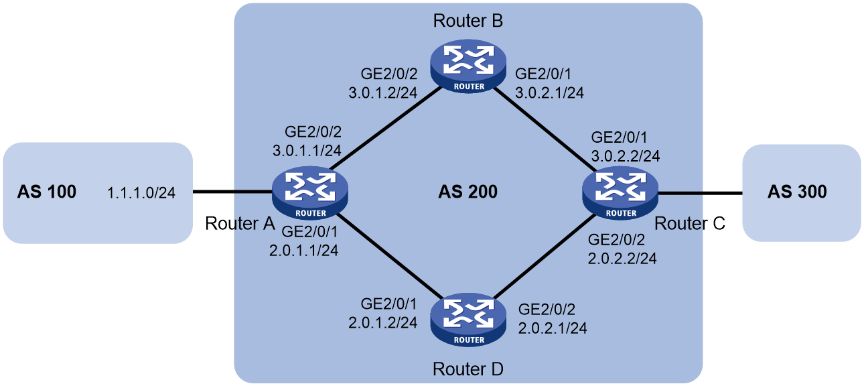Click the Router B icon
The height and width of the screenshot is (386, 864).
click(x=468, y=66)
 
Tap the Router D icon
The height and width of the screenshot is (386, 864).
click(x=468, y=320)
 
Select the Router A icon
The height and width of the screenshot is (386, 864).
click(x=310, y=193)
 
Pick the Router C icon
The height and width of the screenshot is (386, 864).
click(x=620, y=193)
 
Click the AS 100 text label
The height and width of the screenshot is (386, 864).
click(x=47, y=192)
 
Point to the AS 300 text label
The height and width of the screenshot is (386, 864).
click(x=797, y=192)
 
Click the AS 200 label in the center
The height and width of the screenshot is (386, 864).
click(x=468, y=192)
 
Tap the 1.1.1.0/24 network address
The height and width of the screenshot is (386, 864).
click(x=141, y=192)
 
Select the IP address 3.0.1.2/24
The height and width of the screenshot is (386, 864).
click(x=383, y=92)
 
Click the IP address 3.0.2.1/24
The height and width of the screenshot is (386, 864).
click(x=549, y=92)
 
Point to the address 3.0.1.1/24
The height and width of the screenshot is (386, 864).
click(x=307, y=151)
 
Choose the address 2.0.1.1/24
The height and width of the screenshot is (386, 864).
click(x=304, y=251)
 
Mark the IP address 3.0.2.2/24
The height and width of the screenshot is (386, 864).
click(x=626, y=156)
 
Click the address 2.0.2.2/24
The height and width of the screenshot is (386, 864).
click(x=622, y=258)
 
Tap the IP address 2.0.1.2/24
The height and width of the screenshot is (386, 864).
click(x=383, y=322)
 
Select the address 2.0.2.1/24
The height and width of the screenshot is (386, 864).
click(x=553, y=328)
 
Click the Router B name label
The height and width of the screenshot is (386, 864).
click(x=468, y=21)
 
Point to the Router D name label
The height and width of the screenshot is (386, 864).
click(x=468, y=369)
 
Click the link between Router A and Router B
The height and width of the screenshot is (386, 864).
click(x=385, y=129)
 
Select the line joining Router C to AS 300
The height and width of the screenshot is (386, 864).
click(x=700, y=192)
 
